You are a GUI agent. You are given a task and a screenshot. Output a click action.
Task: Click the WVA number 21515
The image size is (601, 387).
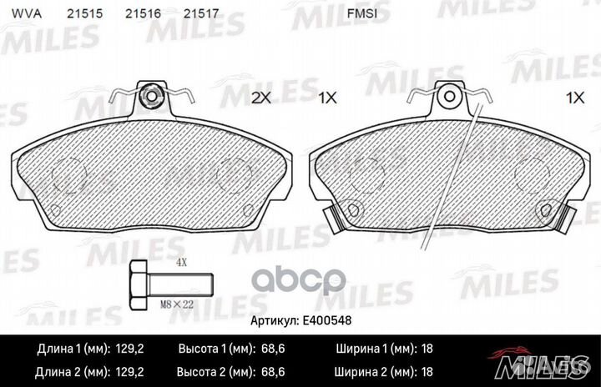coord(84,14)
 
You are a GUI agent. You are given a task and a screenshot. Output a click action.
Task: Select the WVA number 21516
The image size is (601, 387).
coord(143,14)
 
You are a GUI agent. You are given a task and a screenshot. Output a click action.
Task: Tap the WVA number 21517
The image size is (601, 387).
coord(201,14)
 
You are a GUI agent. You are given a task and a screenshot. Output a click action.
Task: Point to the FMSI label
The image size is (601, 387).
coord(361,14)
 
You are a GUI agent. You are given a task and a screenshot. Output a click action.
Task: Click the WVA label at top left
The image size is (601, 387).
coord(26,14)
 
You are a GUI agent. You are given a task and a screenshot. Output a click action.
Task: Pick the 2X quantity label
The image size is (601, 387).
coord(261,98)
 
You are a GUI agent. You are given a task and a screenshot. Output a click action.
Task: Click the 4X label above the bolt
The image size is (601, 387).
coord(181,263)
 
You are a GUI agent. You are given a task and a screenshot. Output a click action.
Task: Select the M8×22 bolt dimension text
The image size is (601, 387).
coord(176,304)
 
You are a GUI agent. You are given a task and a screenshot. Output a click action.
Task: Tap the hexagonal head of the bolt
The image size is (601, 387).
coord(139,285)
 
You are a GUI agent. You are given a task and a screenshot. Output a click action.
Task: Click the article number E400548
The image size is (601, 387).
coord(327,320)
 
